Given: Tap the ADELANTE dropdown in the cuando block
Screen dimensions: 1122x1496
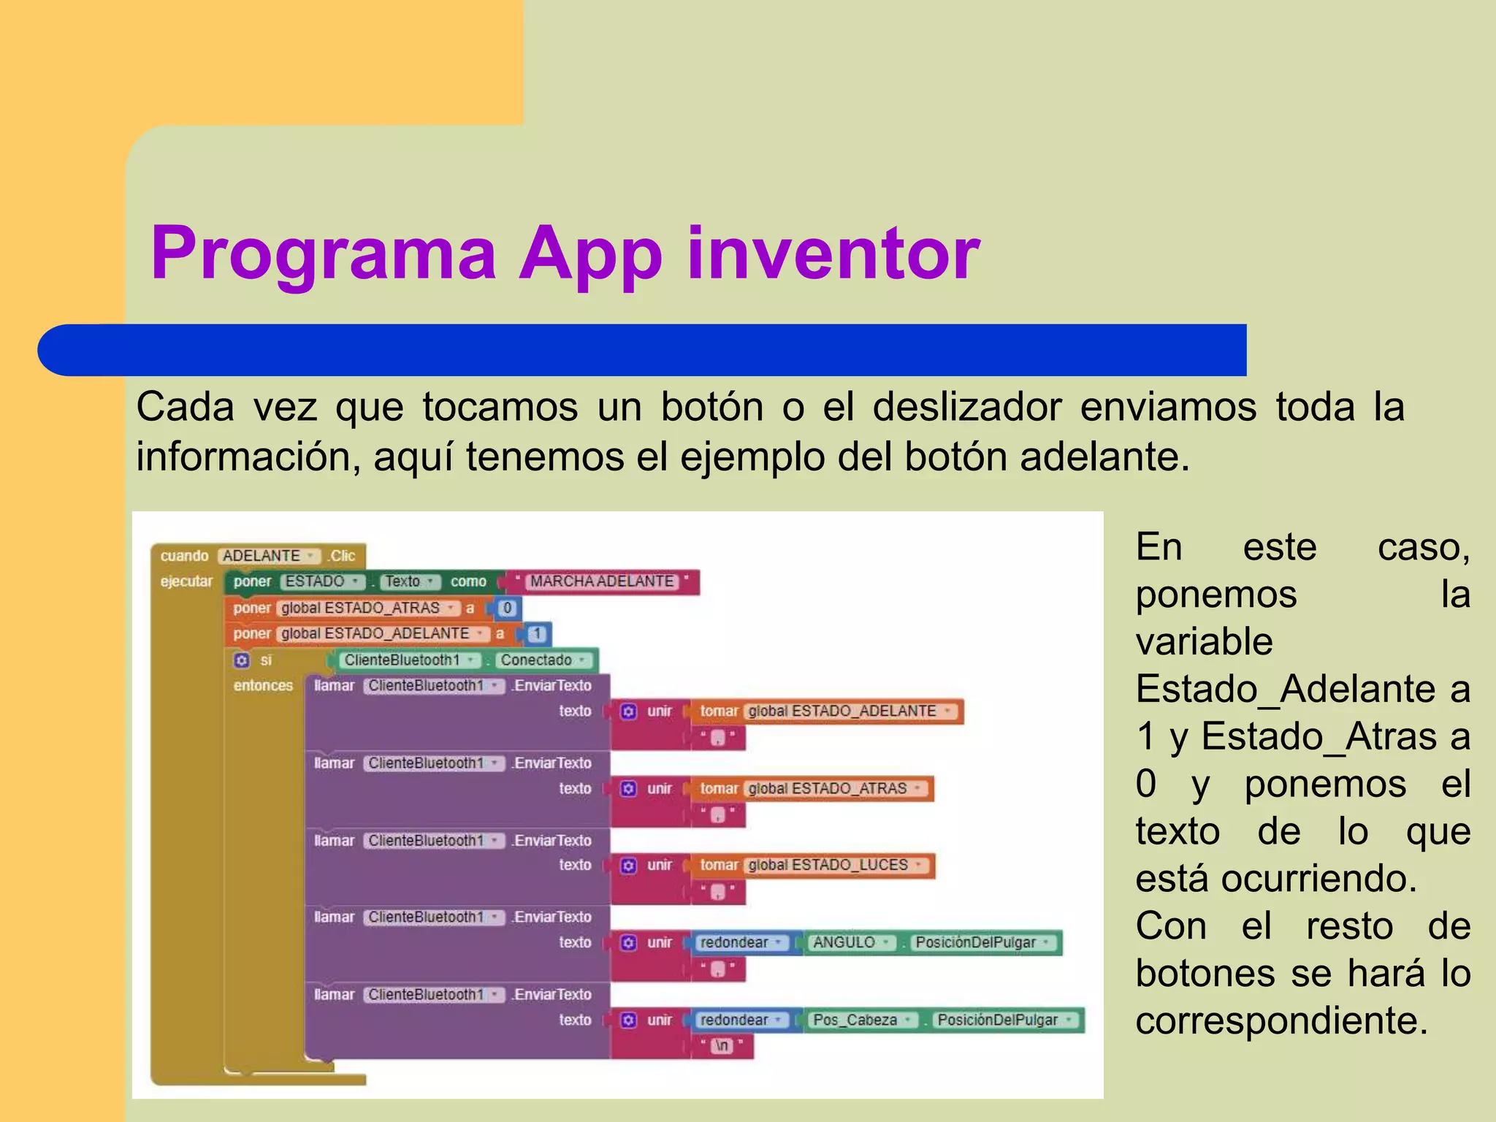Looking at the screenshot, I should point(269,556).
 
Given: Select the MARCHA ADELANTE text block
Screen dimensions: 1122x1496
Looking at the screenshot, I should point(602,581).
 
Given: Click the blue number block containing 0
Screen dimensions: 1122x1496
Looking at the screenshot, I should point(507,608).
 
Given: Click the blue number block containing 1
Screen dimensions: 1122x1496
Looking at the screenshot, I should point(537,634).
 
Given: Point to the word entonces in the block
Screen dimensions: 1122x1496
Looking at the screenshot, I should point(263,686).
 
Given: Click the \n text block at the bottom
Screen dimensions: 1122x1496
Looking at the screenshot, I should point(722,1046).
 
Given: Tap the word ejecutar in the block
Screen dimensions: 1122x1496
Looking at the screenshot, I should point(186,581).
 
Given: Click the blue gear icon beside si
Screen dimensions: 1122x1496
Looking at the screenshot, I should point(242,660).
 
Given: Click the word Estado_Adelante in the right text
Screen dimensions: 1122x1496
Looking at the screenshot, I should point(1286,689).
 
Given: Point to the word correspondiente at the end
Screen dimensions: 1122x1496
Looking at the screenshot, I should point(1281,1020).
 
